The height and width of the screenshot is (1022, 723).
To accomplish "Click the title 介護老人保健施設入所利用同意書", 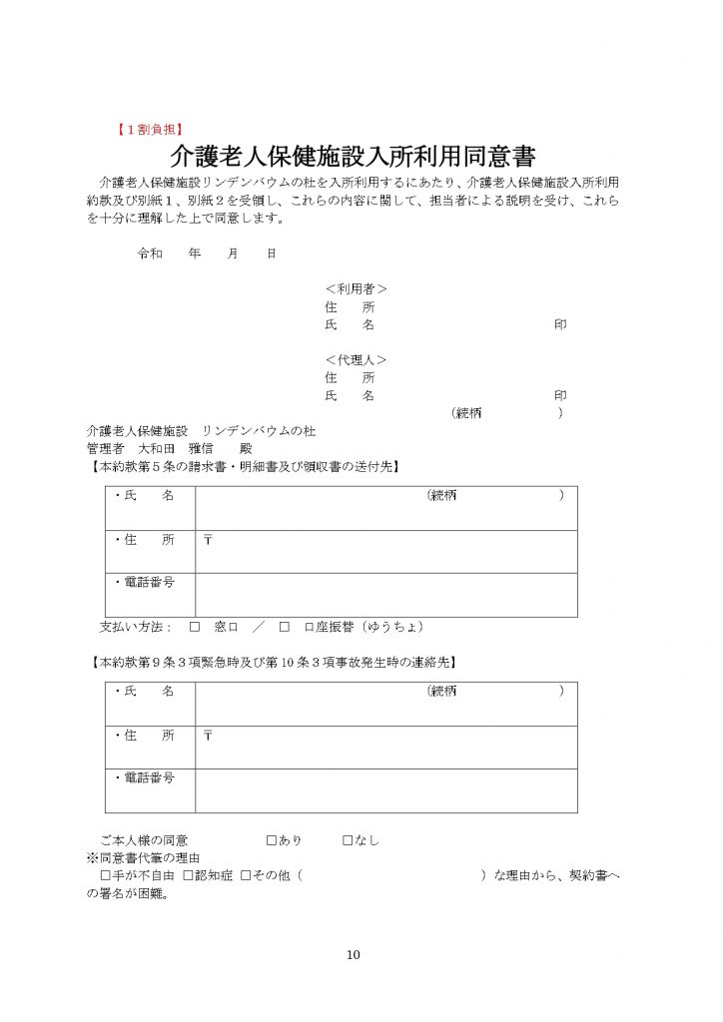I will pyautogui.click(x=354, y=157).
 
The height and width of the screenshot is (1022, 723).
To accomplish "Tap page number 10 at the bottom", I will pyautogui.click(x=353, y=955).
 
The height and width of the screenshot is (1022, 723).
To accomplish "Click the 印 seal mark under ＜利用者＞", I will pyautogui.click(x=560, y=325).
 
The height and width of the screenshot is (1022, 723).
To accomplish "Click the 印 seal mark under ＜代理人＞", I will pyautogui.click(x=560, y=395).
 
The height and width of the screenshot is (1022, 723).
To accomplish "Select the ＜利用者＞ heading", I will pyautogui.click(x=356, y=289).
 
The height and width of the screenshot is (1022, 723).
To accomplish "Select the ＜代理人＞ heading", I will pyautogui.click(x=356, y=359).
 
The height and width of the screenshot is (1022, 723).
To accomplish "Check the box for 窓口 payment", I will pyautogui.click(x=195, y=627).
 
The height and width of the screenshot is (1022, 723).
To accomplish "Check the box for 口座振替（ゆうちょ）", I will pyautogui.click(x=285, y=627).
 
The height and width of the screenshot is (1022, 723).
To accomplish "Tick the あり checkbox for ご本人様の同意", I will pyautogui.click(x=271, y=840).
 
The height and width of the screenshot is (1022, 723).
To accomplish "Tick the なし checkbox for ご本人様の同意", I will pyautogui.click(x=348, y=840).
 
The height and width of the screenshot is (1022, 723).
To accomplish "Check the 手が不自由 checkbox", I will pyautogui.click(x=106, y=875).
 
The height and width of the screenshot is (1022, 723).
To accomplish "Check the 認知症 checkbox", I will pyautogui.click(x=189, y=875).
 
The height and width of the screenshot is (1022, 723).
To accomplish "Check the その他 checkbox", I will pyautogui.click(x=246, y=875).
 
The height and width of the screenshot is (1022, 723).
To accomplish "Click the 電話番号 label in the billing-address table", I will pyautogui.click(x=144, y=583).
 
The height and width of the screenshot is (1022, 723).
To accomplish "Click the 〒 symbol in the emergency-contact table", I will pyautogui.click(x=208, y=736).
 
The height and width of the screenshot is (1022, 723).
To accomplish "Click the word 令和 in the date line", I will pyautogui.click(x=149, y=254).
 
